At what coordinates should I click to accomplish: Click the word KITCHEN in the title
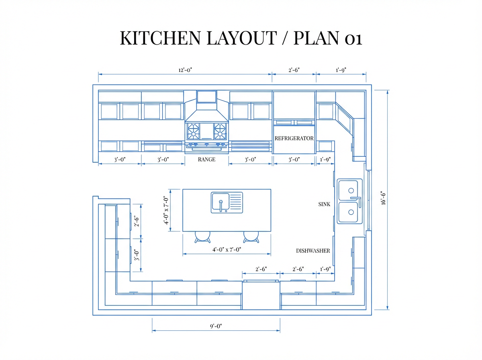[159, 38]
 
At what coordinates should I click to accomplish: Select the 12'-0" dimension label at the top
[185, 70]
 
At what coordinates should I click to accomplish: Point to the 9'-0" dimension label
[216, 326]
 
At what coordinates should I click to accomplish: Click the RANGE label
[206, 160]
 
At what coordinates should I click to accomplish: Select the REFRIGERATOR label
[294, 138]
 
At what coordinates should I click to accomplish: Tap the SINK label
[324, 205]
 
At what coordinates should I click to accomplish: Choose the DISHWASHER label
[313, 251]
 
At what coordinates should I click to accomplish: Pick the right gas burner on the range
[220, 130]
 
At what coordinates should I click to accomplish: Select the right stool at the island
[251, 237]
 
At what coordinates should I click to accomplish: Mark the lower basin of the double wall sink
[348, 213]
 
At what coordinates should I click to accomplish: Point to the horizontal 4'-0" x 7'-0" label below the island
[227, 250]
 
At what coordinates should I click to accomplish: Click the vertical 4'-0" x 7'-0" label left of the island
[165, 210]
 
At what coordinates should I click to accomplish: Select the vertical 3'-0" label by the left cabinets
[137, 256]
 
